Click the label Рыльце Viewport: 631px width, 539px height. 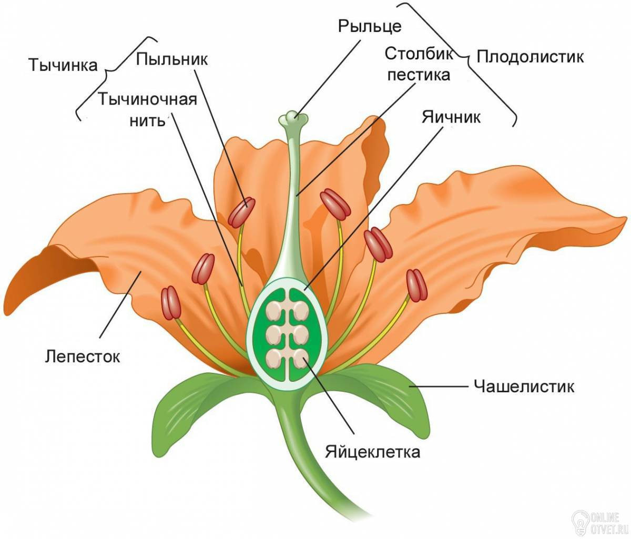pyautogui.click(x=369, y=27)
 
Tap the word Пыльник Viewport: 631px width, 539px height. pyautogui.click(x=172, y=59)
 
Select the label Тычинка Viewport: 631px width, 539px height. pyautogui.click(x=63, y=65)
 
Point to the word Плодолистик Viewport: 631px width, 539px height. pyautogui.click(x=530, y=57)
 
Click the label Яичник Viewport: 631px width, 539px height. pyautogui.click(x=451, y=117)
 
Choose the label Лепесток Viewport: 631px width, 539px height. pyautogui.click(x=83, y=356)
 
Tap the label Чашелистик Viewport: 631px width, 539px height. pyautogui.click(x=524, y=387)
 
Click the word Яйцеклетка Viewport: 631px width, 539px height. pyautogui.click(x=372, y=452)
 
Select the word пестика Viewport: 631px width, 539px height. pyautogui.click(x=419, y=75)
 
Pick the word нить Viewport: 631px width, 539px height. pyautogui.click(x=147, y=120)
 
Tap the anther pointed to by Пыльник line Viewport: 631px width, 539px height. pyautogui.click(x=242, y=212)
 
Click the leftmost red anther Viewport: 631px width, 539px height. pyautogui.click(x=171, y=303)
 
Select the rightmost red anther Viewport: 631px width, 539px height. pyautogui.click(x=416, y=285)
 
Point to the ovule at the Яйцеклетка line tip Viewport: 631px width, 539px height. pyautogui.click(x=301, y=358)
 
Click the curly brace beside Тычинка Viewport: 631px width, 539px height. pyautogui.click(x=117, y=79)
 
